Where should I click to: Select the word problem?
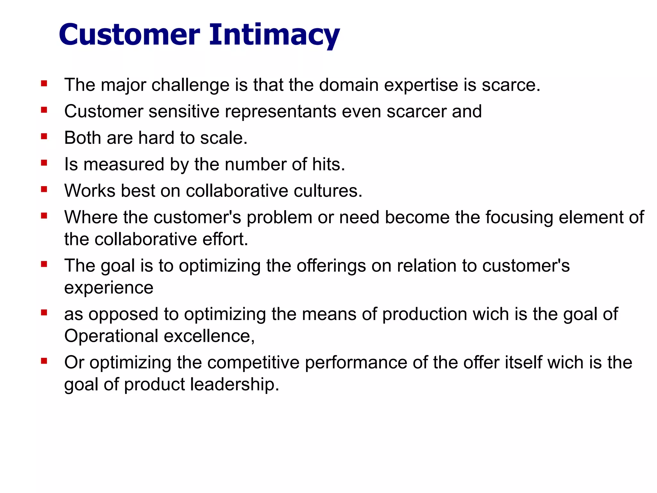point(279,217)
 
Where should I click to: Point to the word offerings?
point(331,266)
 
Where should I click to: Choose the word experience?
point(109,288)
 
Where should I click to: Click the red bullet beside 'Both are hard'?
point(44,137)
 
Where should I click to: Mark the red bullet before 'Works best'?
point(44,190)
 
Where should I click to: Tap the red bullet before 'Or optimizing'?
point(44,362)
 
